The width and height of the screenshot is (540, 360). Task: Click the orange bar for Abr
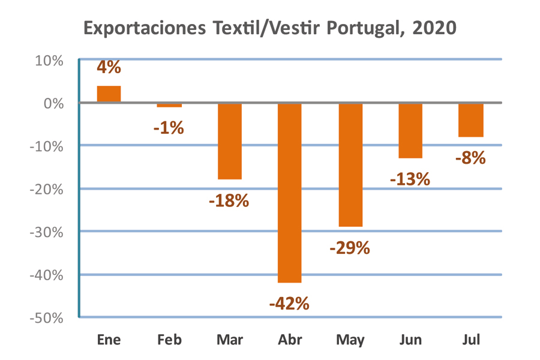click(289, 192)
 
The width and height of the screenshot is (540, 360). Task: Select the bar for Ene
click(109, 94)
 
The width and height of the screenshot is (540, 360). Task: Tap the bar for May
click(350, 164)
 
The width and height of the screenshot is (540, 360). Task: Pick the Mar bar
click(229, 141)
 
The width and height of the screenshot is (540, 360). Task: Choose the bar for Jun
click(410, 130)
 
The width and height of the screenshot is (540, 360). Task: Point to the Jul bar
click(470, 120)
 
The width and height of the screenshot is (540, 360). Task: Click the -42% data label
click(289, 304)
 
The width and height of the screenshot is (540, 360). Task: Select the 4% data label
click(109, 67)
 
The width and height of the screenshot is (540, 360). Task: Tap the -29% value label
click(350, 247)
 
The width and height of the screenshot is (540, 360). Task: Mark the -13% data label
click(410, 179)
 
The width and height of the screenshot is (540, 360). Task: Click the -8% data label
click(470, 158)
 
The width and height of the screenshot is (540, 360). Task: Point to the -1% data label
click(169, 127)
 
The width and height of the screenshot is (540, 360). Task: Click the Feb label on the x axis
click(169, 340)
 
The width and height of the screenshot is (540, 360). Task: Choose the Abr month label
click(289, 340)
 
